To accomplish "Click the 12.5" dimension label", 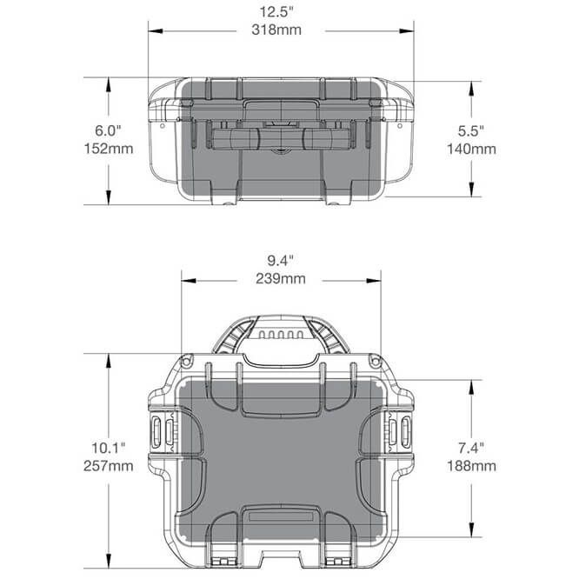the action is [x=276, y=12].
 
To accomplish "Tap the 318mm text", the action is [x=276, y=30].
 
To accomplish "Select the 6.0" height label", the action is [x=108, y=130].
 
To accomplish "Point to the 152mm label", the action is [x=109, y=149].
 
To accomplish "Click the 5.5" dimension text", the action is [x=471, y=130].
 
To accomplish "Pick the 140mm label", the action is [x=471, y=149].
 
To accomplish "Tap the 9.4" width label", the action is [x=281, y=260].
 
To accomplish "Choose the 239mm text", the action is [x=281, y=278].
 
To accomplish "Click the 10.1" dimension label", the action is [x=108, y=448].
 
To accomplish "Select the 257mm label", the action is [x=108, y=466].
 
